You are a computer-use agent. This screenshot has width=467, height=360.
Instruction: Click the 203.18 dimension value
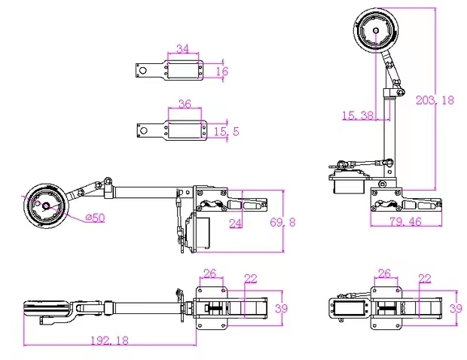coord(435,100)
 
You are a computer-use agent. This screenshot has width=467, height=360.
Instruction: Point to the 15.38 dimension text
coord(357,115)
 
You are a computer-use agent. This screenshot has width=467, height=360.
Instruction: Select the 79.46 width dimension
coord(406,221)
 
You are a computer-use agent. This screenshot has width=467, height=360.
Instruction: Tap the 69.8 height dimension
coord(282,222)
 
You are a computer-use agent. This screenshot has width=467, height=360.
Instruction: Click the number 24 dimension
coord(236,223)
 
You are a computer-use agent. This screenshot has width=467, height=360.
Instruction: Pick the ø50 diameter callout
coord(96,218)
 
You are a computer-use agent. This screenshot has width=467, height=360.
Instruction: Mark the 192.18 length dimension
coord(110,340)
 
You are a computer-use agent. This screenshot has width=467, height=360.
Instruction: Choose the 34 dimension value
coord(183,48)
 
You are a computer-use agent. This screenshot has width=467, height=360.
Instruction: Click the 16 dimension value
coord(222,71)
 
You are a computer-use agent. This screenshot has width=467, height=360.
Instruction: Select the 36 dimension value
coord(185,104)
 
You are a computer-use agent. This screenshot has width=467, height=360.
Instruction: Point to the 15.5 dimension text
coord(227,131)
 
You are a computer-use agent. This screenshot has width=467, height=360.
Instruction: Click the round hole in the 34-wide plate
coord(143,71)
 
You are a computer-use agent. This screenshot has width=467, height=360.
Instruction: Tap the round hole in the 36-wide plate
coord(144,131)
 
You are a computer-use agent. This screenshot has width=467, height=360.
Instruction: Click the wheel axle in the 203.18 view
coord(376,30)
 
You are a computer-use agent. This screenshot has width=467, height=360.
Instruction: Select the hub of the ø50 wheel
coord(46,206)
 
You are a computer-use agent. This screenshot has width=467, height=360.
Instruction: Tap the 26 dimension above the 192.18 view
coord(209,273)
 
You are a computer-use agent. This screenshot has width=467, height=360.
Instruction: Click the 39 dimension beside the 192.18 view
coord(281,308)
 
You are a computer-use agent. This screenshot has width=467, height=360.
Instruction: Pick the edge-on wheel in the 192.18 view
coord(47,308)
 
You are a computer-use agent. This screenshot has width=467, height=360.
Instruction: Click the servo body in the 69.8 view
coord(197,233)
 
